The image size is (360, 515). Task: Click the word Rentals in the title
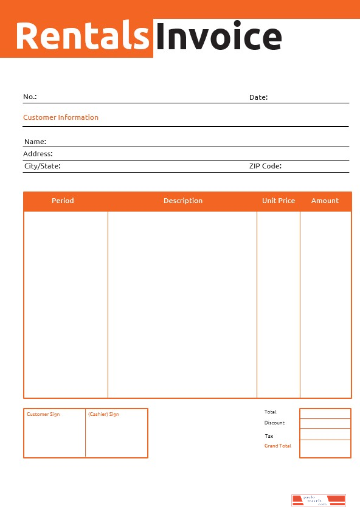[x=83, y=36]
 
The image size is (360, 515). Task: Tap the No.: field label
[x=30, y=97]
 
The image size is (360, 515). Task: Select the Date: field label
[x=258, y=97]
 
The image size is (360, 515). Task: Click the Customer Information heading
[x=61, y=117]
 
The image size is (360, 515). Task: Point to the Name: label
[x=35, y=142]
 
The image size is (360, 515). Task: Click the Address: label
[x=38, y=154]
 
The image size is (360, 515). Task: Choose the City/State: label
[x=42, y=165]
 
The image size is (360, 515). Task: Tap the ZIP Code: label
[x=265, y=165]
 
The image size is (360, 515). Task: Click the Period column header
[x=63, y=201]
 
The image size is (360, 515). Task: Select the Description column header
[x=183, y=201]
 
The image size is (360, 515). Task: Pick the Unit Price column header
[x=279, y=201]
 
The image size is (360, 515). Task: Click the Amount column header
[x=325, y=201]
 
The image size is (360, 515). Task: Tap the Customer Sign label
[x=43, y=414]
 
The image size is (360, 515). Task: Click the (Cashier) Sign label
[x=103, y=414]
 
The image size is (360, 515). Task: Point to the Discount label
[x=274, y=423]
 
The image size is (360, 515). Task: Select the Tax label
[x=269, y=436]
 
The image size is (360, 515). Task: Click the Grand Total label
[x=277, y=446]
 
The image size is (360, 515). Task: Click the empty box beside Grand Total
[x=325, y=448]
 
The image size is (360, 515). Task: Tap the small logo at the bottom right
[x=318, y=500]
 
